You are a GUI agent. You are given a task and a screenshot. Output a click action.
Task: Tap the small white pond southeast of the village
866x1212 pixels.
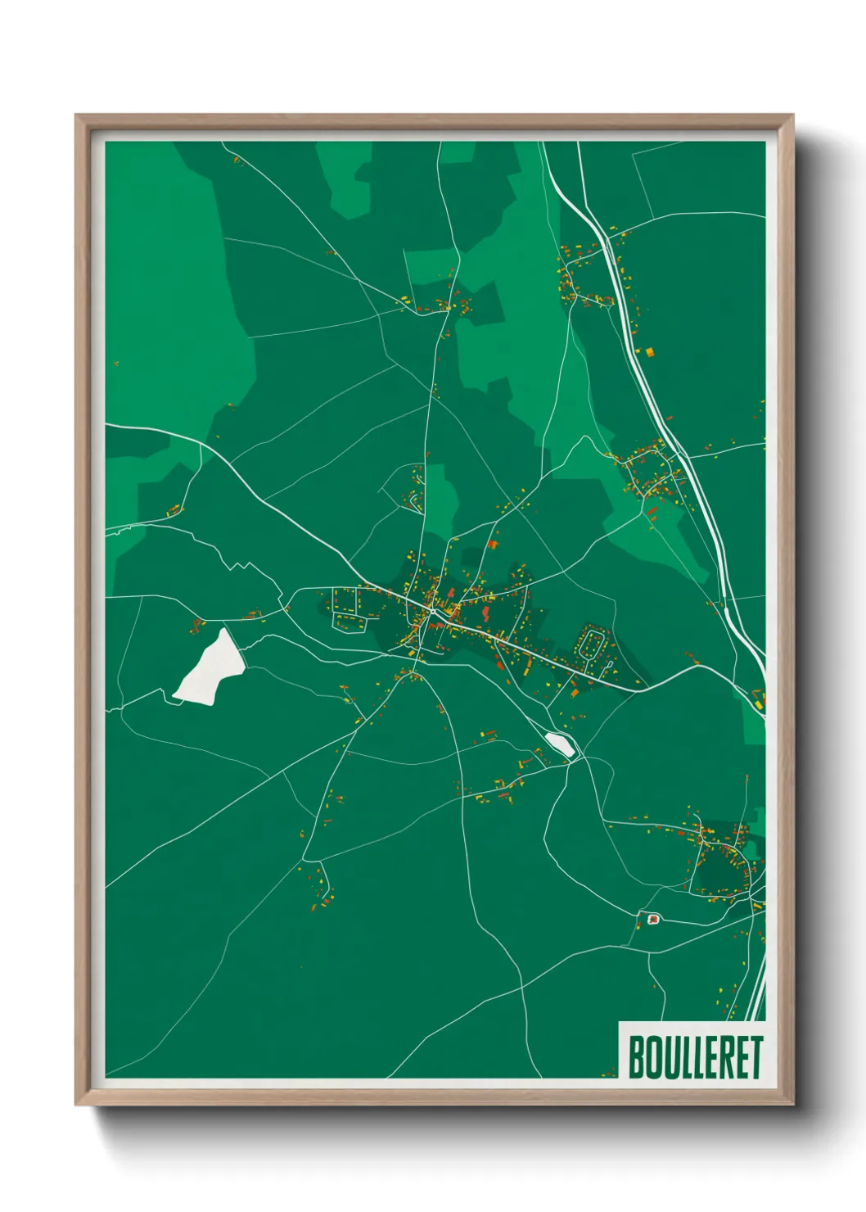pyautogui.click(x=560, y=744)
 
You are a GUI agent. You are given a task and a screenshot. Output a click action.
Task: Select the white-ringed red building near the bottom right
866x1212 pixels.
pyautogui.click(x=652, y=919)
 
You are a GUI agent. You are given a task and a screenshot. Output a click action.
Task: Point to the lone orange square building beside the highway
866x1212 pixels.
pyautogui.click(x=650, y=352)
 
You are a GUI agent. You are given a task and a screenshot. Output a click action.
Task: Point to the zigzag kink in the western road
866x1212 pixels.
pyautogui.click(x=238, y=565)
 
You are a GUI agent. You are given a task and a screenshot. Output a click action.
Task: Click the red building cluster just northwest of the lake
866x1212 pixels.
pyautogui.click(x=196, y=626)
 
